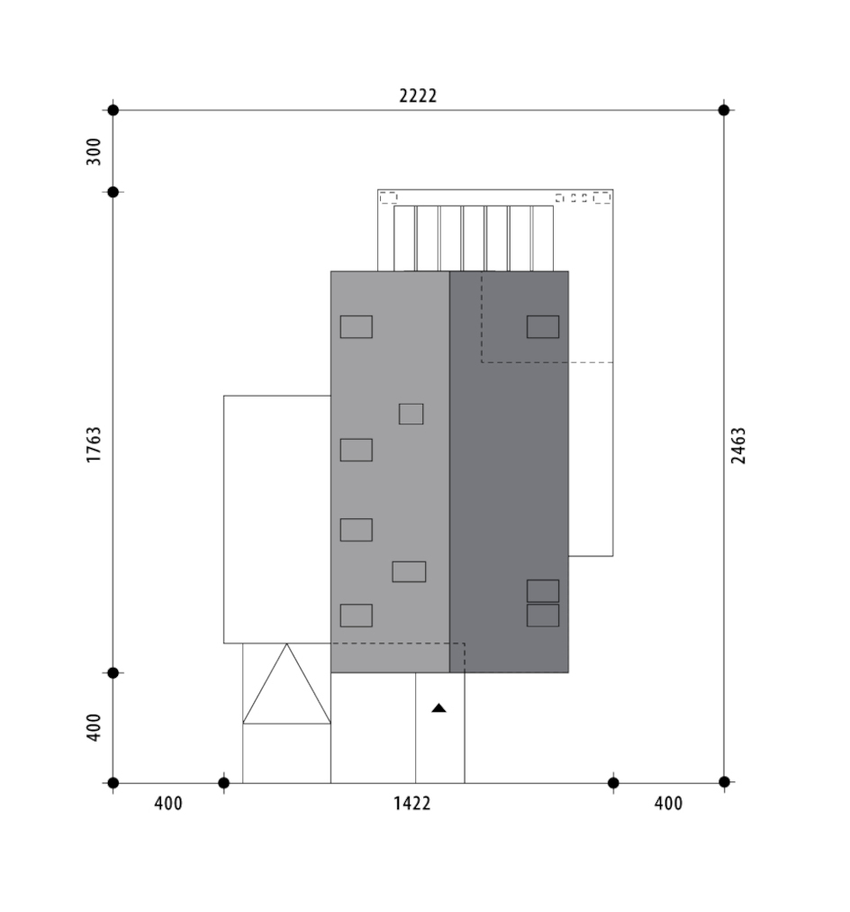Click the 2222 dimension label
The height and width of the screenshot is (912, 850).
coord(418,96)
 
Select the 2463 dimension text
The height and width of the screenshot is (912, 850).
coord(737,445)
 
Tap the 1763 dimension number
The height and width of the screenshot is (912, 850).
coord(94,445)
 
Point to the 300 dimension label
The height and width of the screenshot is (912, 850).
coord(94,151)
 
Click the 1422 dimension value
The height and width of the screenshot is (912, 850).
coord(411,804)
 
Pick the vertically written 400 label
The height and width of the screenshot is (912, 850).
coord(94,727)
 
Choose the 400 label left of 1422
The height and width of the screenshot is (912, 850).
coord(168,804)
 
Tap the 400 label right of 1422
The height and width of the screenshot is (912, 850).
coord(668,804)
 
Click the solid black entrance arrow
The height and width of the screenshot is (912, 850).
coord(439,707)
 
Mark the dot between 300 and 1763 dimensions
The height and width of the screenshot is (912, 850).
coord(113,192)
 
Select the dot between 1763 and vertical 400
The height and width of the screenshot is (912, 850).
coord(113,673)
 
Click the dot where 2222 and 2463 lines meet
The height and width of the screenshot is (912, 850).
coord(724,110)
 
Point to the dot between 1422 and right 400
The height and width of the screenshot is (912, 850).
coord(613,783)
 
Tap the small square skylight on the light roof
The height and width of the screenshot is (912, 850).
coord(411,415)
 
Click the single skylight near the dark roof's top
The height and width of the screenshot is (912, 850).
coord(543,327)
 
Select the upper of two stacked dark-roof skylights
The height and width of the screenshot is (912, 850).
coord(543,591)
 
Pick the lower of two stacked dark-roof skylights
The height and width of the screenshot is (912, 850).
coord(543,616)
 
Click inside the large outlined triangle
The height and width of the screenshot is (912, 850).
coord(286,695)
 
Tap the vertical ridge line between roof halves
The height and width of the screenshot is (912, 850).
coord(449,471)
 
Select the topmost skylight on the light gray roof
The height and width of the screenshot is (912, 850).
coord(357,327)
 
